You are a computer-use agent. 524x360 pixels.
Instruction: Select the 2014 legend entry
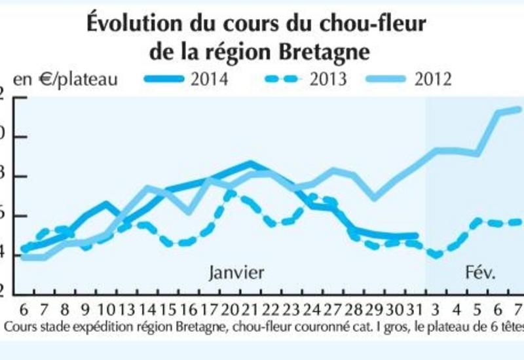pyautogui.click(x=209, y=79)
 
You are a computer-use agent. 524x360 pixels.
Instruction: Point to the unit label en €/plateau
pyautogui.click(x=65, y=80)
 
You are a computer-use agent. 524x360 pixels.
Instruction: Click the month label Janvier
pyautogui.click(x=236, y=272)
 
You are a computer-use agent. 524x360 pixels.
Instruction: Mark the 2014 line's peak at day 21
pyautogui.click(x=251, y=162)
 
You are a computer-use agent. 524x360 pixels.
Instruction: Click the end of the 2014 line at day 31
pyautogui.click(x=415, y=236)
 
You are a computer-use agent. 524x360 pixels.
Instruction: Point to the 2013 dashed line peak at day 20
pyautogui.click(x=231, y=194)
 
